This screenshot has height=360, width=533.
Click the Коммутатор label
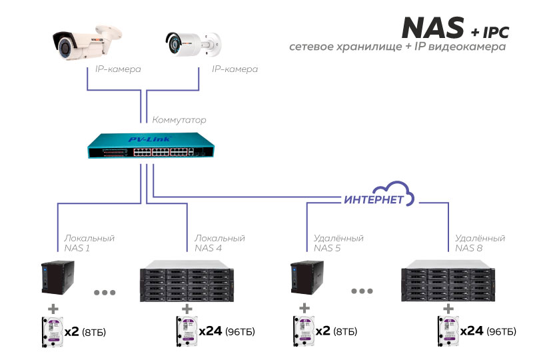(179, 121)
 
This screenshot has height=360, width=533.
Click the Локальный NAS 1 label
(89, 243)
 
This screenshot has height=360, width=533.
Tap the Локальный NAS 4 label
(219, 243)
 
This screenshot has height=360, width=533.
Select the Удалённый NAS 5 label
(338, 243)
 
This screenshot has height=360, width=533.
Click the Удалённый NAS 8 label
(480, 243)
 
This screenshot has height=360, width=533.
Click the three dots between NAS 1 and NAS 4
(107, 292)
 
